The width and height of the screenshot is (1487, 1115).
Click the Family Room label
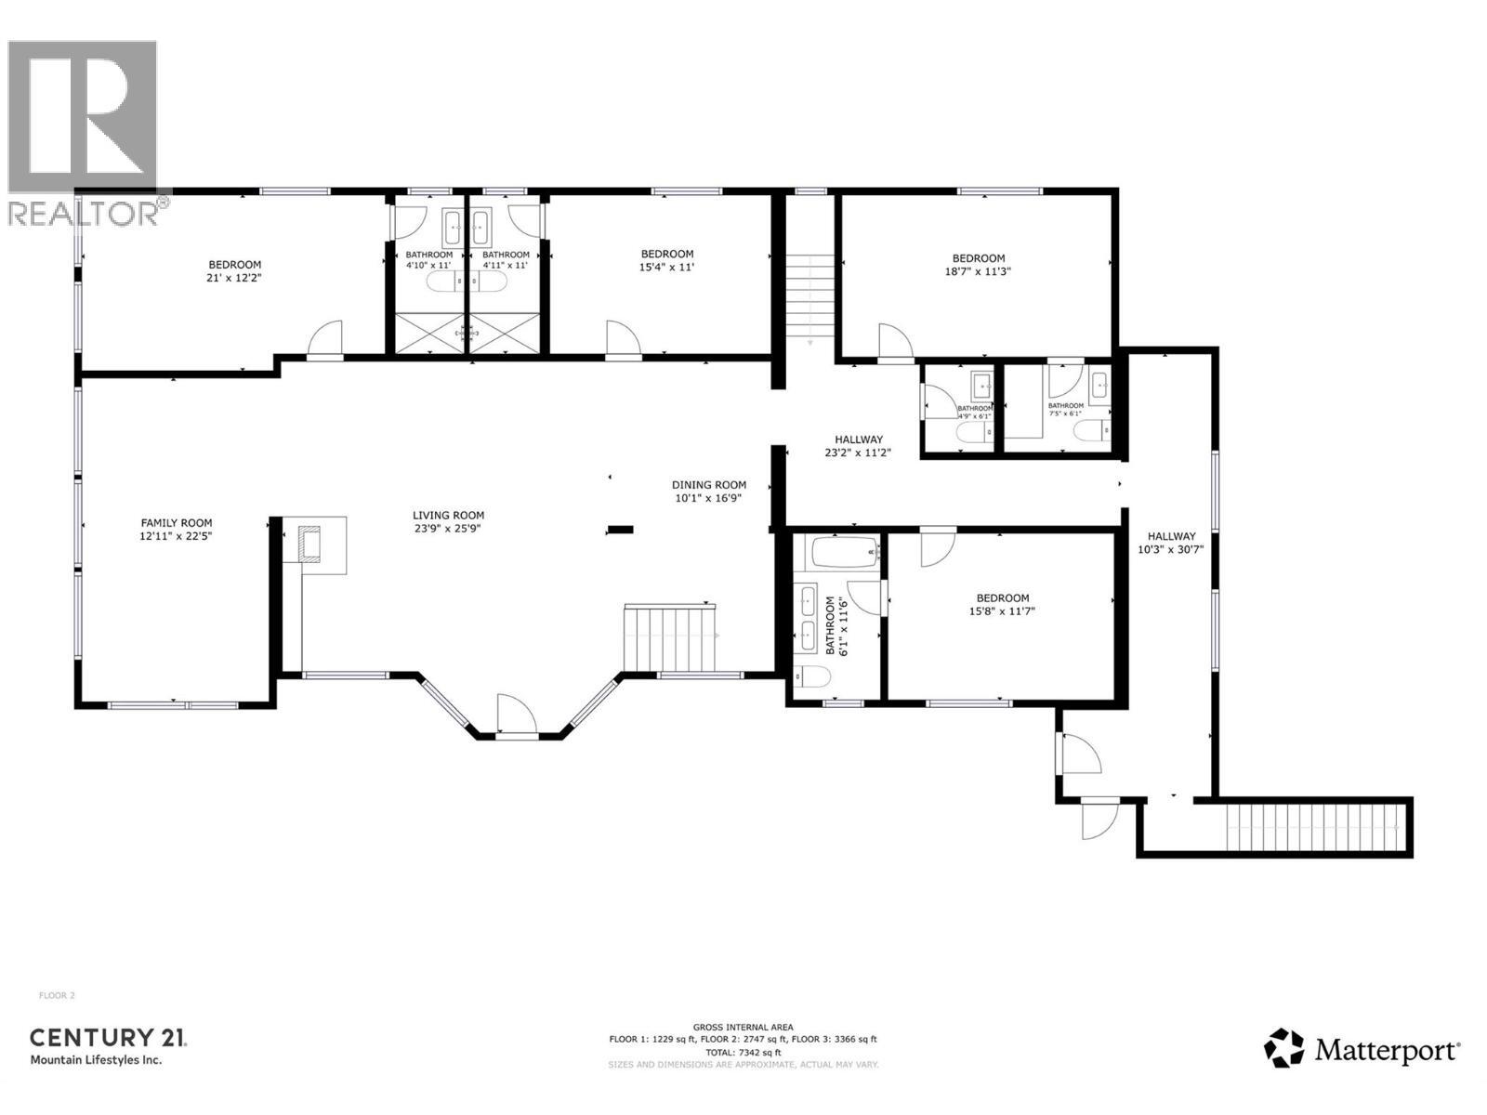point(176,523)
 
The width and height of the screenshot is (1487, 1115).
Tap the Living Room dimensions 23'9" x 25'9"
point(448,529)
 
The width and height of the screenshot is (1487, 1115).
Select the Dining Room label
point(709,485)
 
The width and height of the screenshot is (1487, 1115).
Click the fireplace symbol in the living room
point(309,543)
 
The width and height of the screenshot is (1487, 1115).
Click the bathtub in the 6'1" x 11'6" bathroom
point(845,555)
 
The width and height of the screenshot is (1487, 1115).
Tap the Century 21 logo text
point(108,1038)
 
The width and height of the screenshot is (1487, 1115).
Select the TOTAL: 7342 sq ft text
point(743,1052)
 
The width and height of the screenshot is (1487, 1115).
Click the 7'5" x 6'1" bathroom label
point(1066,409)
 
